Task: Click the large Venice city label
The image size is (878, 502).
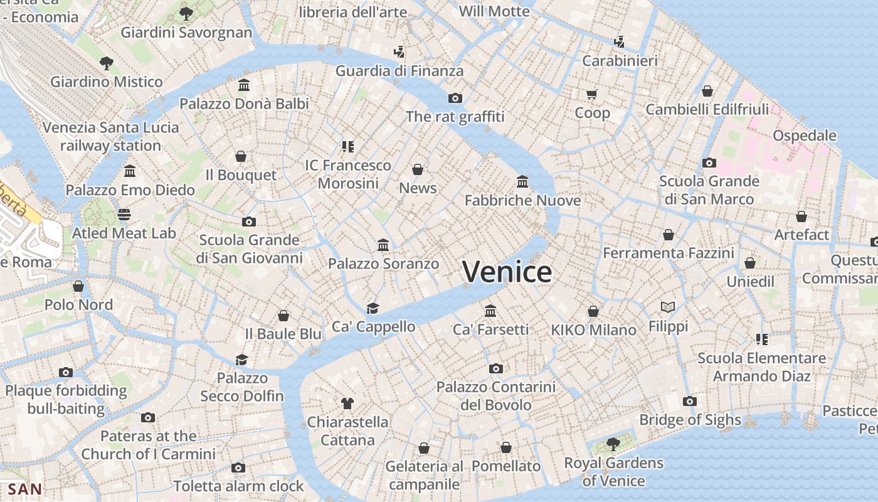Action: click(507, 272)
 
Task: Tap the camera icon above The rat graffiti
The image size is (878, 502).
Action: click(455, 98)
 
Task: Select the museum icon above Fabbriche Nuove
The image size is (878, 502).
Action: click(522, 182)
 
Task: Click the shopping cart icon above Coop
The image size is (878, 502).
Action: click(592, 95)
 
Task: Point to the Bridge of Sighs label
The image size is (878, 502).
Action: click(690, 420)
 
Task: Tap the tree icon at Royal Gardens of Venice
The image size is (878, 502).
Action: click(613, 444)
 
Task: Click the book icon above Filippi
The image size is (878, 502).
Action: click(668, 307)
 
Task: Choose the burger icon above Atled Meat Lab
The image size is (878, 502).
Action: click(124, 215)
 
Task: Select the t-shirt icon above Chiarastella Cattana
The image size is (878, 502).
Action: click(347, 403)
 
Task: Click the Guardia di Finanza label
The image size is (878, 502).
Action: click(399, 71)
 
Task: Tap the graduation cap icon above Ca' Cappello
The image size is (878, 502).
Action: click(373, 308)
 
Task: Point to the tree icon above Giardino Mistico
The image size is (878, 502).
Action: click(107, 63)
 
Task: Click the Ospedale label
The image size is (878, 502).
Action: click(805, 136)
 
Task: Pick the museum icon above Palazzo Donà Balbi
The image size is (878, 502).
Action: click(244, 85)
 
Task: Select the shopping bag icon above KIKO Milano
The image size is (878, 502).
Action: click(593, 311)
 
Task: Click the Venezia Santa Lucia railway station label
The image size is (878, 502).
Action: click(110, 136)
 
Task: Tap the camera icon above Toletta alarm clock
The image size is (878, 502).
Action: click(238, 467)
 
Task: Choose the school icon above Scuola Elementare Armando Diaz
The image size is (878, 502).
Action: click(762, 339)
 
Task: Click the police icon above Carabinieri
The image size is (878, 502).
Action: click(619, 42)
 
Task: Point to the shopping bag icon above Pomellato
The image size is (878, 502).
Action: click(506, 447)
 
